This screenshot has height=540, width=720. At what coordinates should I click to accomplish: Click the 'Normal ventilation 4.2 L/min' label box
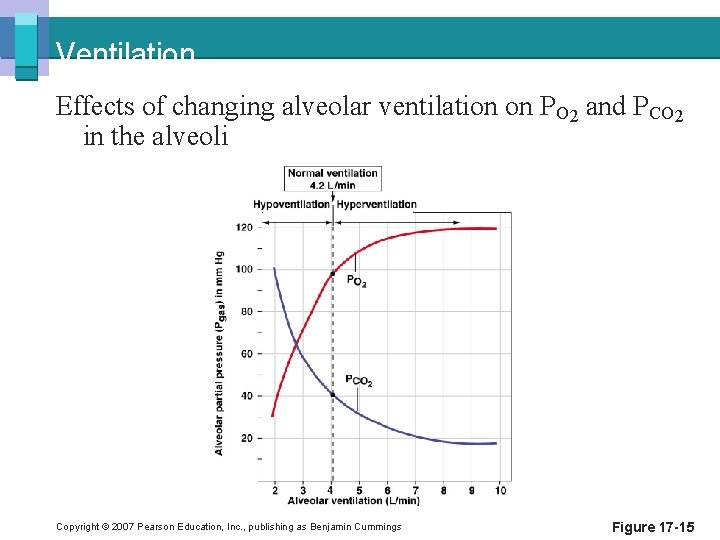[332, 179]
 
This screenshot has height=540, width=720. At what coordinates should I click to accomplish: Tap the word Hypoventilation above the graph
[290, 204]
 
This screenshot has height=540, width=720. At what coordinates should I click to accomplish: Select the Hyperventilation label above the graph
[377, 204]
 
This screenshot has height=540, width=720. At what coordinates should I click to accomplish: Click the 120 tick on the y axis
[244, 227]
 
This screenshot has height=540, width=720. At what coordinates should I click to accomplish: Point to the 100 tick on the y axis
[244, 269]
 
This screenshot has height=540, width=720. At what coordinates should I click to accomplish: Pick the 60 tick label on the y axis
[246, 353]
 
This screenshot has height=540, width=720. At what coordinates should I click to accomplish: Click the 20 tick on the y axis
[246, 438]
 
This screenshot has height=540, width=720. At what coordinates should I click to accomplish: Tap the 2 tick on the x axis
[275, 490]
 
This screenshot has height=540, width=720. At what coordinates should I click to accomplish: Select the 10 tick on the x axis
[500, 490]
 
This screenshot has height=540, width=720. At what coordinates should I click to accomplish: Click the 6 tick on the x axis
[388, 490]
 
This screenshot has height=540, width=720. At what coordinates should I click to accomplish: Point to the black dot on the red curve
[332, 273]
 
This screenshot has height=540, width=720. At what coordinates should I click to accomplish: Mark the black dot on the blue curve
[332, 394]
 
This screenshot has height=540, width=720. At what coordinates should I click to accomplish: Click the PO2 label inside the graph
[356, 282]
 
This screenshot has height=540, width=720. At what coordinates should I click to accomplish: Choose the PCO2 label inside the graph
[359, 381]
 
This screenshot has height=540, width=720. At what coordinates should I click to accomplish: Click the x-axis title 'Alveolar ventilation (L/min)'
[354, 500]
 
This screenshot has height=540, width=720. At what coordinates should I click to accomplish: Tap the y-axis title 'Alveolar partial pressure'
[219, 352]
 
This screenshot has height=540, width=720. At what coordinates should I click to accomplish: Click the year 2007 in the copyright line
[121, 527]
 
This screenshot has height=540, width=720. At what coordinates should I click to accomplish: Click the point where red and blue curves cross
[297, 347]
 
